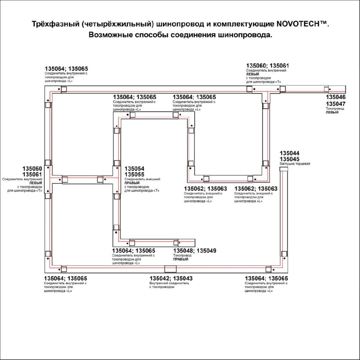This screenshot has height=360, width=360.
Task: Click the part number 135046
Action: (x=335, y=97)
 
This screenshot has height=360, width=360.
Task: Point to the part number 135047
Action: (x=335, y=104)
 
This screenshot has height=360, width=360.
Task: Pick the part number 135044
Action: (x=289, y=153)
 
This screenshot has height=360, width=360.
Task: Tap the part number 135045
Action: (x=289, y=159)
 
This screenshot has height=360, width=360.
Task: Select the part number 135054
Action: (x=134, y=169)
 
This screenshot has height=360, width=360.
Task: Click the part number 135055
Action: (x=134, y=175)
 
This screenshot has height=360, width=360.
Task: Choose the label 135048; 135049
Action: (x=194, y=251)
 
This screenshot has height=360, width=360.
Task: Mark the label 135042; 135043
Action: (x=171, y=278)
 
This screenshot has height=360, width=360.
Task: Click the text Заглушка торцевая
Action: (x=295, y=164)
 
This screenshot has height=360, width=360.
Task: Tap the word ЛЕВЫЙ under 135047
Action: (x=332, y=112)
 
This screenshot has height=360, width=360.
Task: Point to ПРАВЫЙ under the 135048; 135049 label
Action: (x=181, y=259)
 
